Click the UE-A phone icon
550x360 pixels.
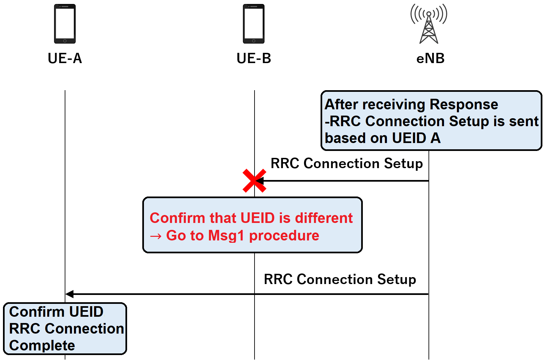[x=65, y=24]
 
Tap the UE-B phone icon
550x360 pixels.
[x=254, y=24]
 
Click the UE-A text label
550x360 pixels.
[x=65, y=58]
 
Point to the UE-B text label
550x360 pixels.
[x=254, y=58]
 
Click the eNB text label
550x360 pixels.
[x=430, y=58]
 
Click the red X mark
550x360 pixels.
[x=254, y=181]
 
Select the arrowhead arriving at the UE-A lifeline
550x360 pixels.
[x=70, y=294]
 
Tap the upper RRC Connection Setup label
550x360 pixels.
[x=347, y=163]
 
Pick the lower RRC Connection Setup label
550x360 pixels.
[x=340, y=279]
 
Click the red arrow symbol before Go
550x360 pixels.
[x=156, y=236]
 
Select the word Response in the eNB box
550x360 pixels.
[x=464, y=104]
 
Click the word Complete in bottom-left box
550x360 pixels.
[x=42, y=345]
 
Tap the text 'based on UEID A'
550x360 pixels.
[x=382, y=138]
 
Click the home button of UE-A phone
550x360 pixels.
[x=65, y=41]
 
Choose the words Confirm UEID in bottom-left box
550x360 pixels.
[x=56, y=312]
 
